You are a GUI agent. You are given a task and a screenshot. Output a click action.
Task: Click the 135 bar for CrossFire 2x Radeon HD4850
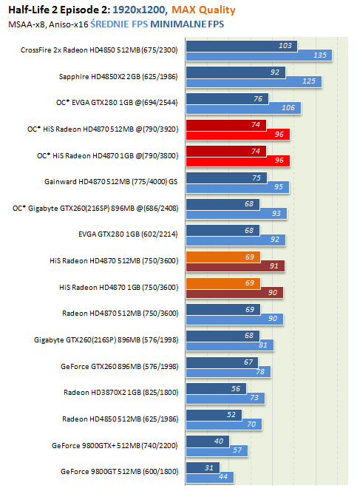[259, 55]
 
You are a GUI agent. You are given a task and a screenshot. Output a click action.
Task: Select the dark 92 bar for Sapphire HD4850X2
[236, 72]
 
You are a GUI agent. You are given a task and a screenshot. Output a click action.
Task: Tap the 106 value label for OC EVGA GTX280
[288, 108]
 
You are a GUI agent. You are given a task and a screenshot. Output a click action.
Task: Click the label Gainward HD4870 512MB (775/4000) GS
[111, 182]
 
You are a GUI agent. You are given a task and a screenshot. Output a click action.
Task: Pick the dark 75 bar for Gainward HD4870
[226, 178]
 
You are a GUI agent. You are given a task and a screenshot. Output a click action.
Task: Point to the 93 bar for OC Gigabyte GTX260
[237, 214]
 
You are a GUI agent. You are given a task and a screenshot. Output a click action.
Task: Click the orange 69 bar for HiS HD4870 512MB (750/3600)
[223, 257]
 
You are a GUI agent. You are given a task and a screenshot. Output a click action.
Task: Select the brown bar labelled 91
[235, 266]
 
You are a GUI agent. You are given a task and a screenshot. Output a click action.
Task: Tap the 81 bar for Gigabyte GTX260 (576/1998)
[230, 345]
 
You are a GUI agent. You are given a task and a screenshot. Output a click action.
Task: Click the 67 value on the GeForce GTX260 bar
[248, 362]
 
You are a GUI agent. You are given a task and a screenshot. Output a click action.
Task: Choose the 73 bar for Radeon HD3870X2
[225, 398]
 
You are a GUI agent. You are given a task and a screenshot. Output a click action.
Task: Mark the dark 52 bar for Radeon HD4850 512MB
[214, 415]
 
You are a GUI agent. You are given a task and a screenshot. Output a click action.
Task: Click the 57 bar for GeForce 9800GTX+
[217, 450]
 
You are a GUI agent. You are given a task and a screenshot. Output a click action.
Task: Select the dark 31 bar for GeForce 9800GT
[203, 468]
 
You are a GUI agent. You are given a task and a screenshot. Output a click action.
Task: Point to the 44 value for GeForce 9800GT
[223, 477]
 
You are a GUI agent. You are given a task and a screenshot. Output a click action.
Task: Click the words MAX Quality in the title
[203, 10]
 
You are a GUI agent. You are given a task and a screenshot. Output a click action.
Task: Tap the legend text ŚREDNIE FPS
[119, 24]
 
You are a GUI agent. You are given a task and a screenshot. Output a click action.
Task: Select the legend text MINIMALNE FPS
[187, 24]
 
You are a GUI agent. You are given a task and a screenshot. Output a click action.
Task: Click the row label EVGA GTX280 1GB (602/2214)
[128, 234]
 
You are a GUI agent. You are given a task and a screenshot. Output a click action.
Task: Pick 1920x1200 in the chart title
[139, 10]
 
